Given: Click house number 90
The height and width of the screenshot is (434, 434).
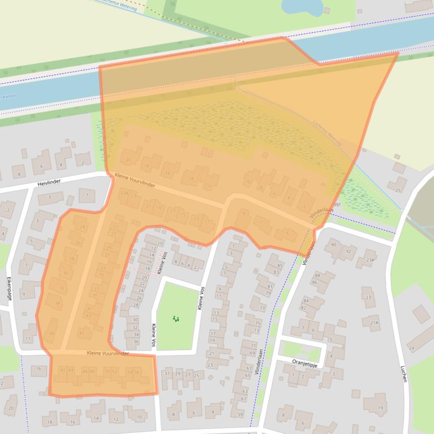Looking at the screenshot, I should tap(333, 245).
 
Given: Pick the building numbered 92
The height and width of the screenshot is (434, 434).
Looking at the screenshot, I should tap(348, 251).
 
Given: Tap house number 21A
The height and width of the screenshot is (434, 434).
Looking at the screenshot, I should tap(374, 323).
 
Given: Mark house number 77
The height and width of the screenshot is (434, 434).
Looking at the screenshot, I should tap(262, 308).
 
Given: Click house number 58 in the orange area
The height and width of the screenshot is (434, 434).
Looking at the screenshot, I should tap(51, 334).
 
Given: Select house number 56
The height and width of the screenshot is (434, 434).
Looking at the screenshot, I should tap(136, 371).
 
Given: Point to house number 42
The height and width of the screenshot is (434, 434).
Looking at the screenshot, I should tap(63, 370).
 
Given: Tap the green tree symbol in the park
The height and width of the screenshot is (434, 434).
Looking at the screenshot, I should tap(176, 319).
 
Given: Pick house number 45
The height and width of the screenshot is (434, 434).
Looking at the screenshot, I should tap(82, 333).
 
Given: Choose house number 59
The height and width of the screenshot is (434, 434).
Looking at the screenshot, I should tap(241, 415).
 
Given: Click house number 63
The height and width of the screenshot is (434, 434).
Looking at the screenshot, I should tap(245, 391).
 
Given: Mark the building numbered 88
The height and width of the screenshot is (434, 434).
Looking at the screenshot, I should tap(317, 276).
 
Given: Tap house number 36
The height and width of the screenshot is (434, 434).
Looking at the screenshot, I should tap(135, 342).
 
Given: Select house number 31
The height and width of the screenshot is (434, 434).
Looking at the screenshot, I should tap(166, 374).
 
